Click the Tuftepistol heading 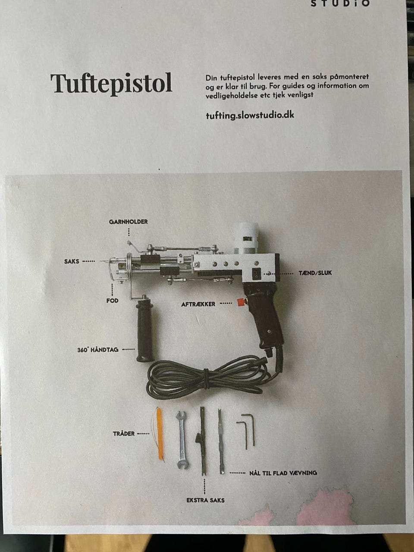point(111,84)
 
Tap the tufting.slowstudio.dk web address point(250,115)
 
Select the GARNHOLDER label point(128,222)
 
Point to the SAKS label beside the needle point(72,261)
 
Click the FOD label point(113,301)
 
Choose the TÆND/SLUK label point(315,273)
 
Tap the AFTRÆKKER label point(198,304)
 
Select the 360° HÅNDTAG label point(98,350)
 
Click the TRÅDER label point(124,434)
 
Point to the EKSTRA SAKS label point(205,500)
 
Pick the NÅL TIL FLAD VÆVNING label point(283,473)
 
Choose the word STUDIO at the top point(340,3)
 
